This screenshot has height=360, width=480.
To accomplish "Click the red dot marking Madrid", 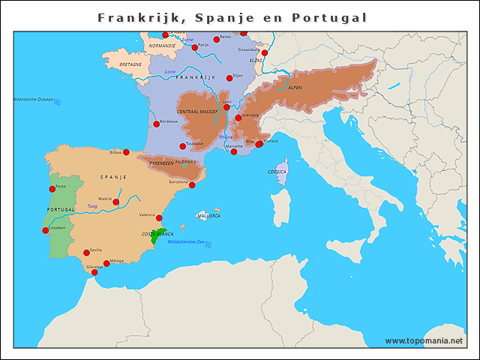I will point(115,202).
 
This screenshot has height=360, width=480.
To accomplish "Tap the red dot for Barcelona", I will point(192,184).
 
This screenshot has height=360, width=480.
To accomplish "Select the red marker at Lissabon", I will point(45,230).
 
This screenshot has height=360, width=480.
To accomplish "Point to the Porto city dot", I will point(52,189).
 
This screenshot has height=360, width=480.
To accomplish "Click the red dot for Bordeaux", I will point(156,124).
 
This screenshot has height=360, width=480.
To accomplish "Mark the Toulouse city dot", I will point(182,146).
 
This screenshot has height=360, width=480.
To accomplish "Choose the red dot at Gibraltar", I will point(94,272).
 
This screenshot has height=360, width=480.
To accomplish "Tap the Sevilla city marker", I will point(86,253).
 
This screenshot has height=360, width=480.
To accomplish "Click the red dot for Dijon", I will point(229,78).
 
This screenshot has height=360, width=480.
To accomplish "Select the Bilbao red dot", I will point(127,152).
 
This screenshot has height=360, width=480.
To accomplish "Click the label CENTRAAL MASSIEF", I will point(197,111).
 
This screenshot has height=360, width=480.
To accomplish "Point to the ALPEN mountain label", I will point(295,88).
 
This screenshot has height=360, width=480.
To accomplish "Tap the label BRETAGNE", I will point(130,64).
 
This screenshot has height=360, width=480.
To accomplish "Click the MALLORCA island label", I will point(208,215).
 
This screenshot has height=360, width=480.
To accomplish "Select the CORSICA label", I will point(277,172).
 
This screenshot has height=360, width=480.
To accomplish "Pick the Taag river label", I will point(92,205).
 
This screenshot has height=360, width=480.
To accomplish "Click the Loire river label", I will point(169,71).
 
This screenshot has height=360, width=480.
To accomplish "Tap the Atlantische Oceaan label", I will point(33,99).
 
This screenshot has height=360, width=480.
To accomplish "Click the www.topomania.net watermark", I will point(424,340).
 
